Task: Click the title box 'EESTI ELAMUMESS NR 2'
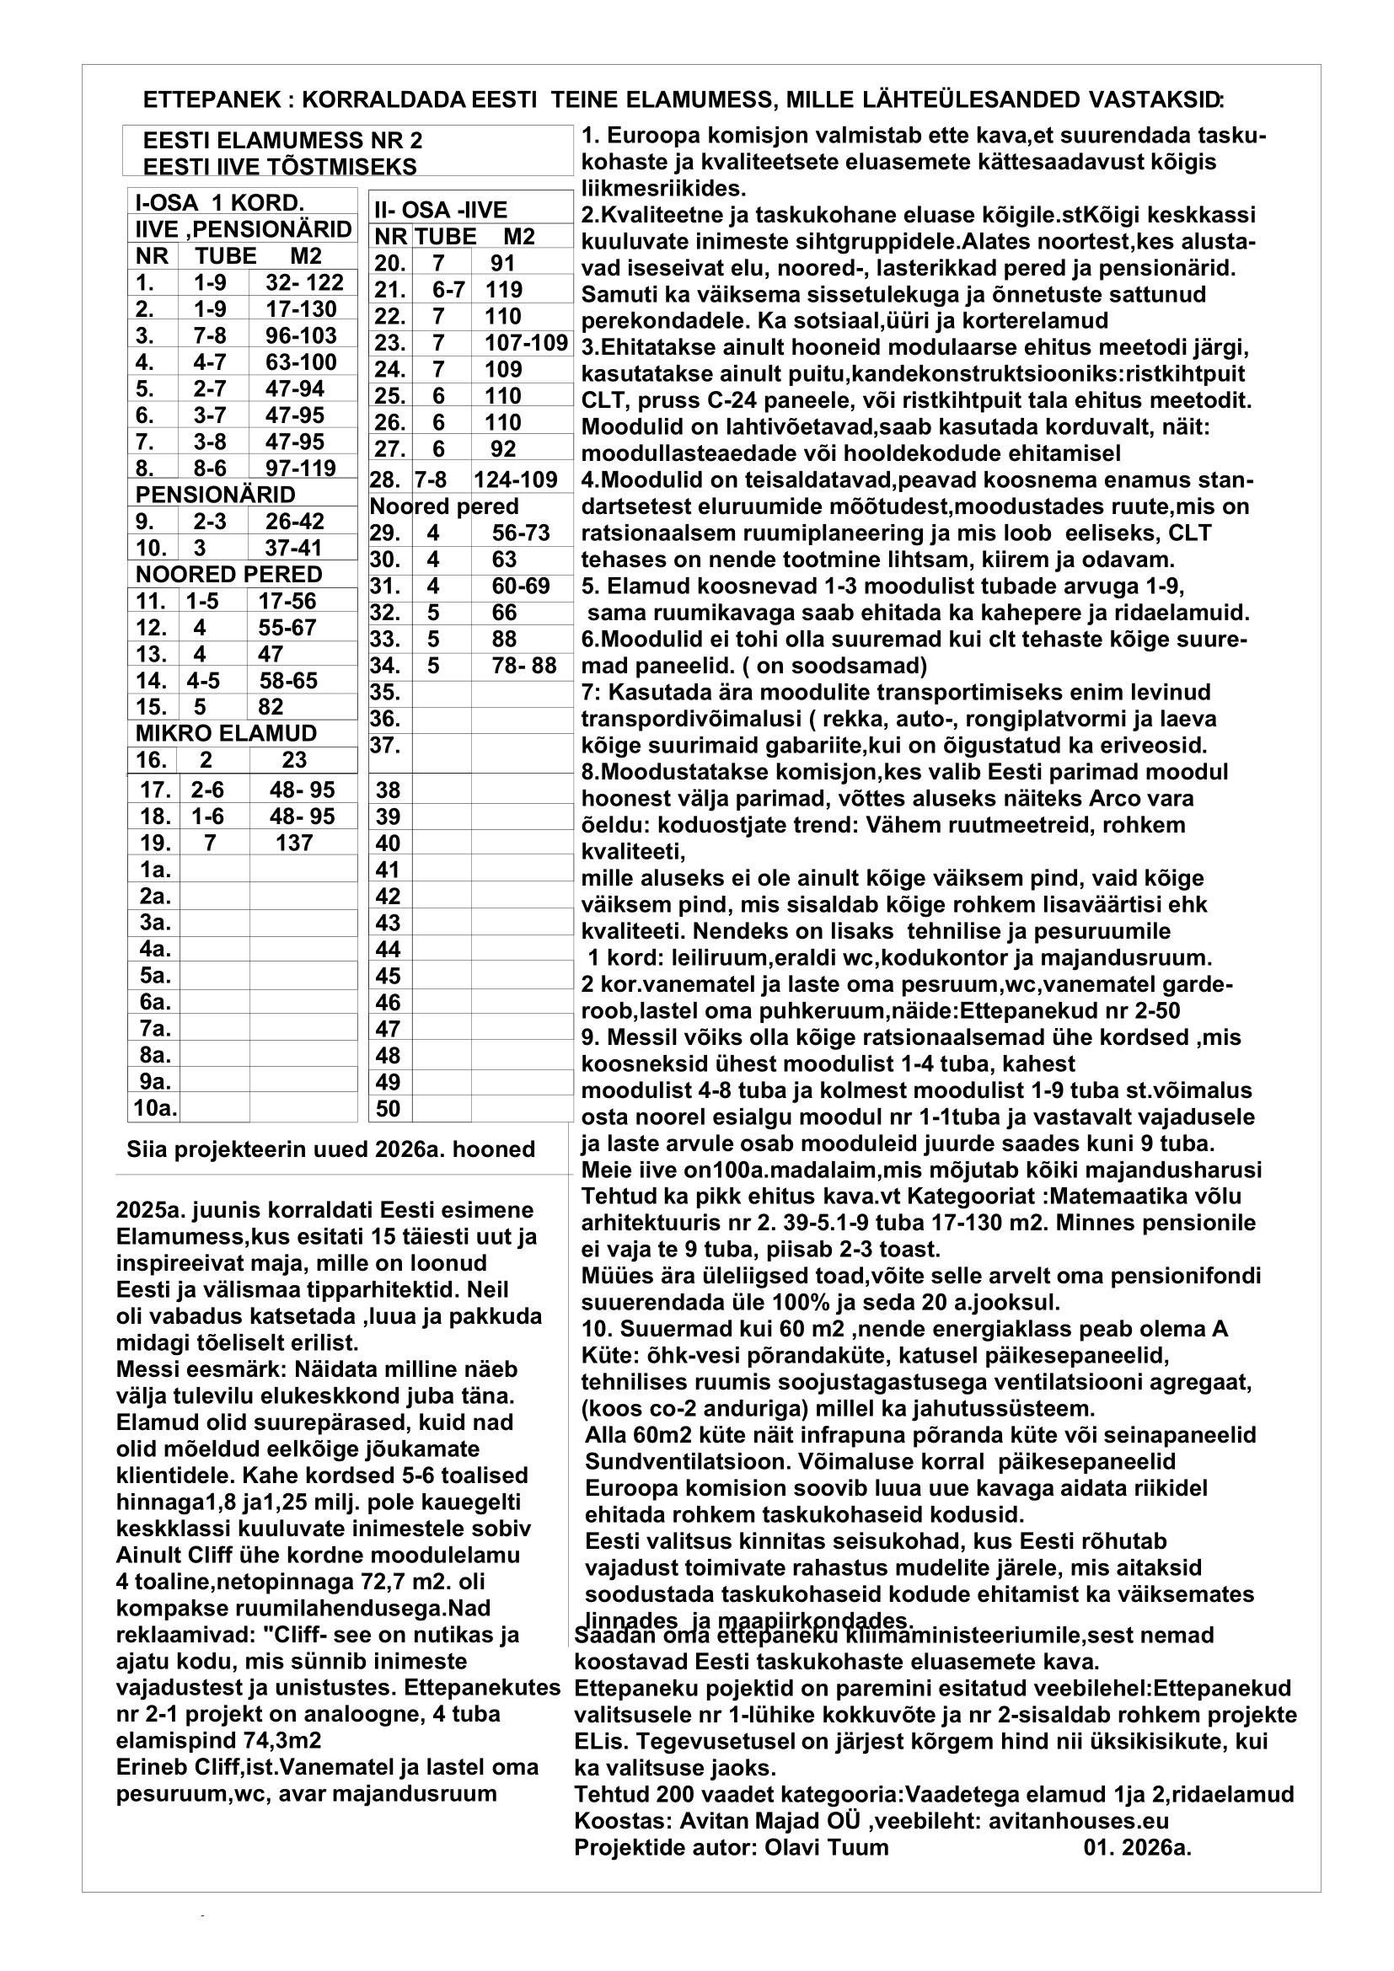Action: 282,141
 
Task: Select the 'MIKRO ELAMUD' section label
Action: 226,733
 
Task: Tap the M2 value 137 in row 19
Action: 294,843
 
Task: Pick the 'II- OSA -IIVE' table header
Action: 440,211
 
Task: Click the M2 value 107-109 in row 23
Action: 525,343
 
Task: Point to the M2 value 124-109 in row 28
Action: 515,479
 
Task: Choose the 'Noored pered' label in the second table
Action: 444,506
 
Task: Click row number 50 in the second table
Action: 388,1108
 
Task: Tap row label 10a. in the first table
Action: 155,1108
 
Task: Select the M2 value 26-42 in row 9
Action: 294,521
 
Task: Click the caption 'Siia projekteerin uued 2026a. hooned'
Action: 330,1149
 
